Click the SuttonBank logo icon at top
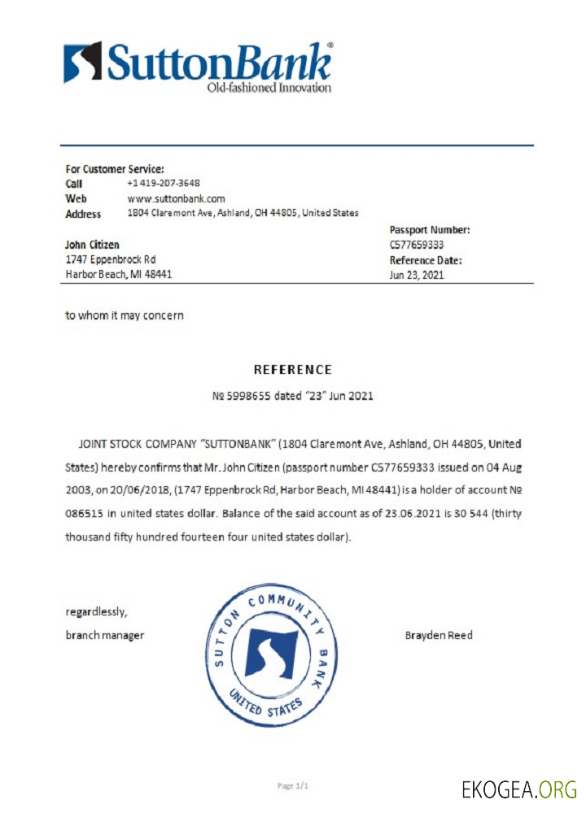(82, 62)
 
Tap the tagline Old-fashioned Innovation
(269, 88)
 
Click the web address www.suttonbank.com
(176, 198)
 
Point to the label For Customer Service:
(115, 169)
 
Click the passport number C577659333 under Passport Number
(417, 245)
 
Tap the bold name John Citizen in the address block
(92, 245)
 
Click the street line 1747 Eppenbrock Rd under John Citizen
(110, 259)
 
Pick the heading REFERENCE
(293, 369)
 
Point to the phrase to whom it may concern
(125, 315)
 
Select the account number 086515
(84, 515)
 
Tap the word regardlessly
(96, 611)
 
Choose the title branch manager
(104, 635)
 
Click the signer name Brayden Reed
(438, 635)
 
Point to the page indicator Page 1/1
(294, 785)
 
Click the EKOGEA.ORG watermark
(518, 789)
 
